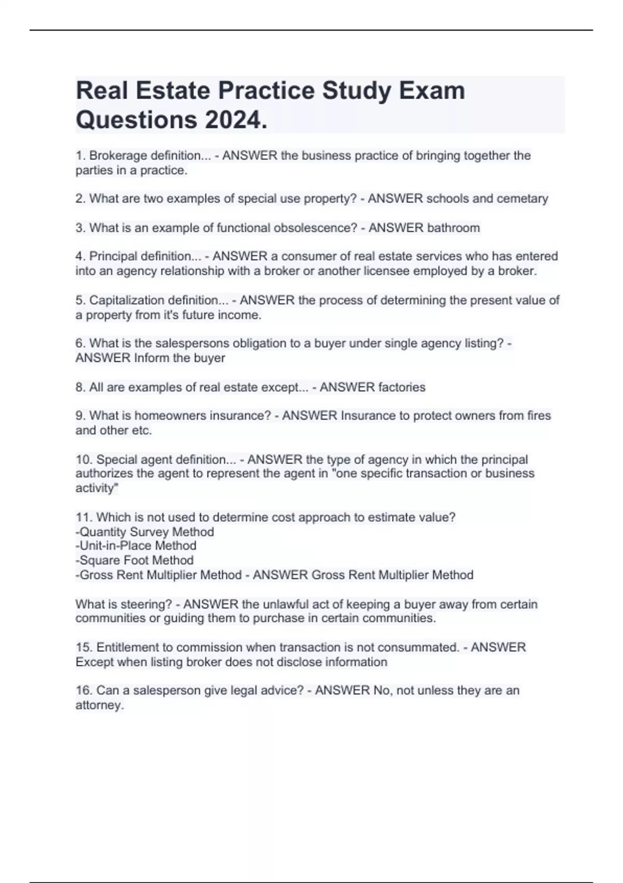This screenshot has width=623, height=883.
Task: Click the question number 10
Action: pyautogui.click(x=84, y=460)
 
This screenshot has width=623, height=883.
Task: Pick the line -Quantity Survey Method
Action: pyautogui.click(x=145, y=532)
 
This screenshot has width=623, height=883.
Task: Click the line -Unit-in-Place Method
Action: pyautogui.click(x=136, y=545)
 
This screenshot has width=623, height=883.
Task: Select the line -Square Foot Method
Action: pyautogui.click(x=134, y=560)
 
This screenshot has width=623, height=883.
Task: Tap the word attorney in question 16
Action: pyautogui.click(x=99, y=705)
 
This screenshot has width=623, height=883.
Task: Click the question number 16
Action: pyautogui.click(x=84, y=690)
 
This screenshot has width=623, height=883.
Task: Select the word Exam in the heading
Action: pyautogui.click(x=431, y=90)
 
